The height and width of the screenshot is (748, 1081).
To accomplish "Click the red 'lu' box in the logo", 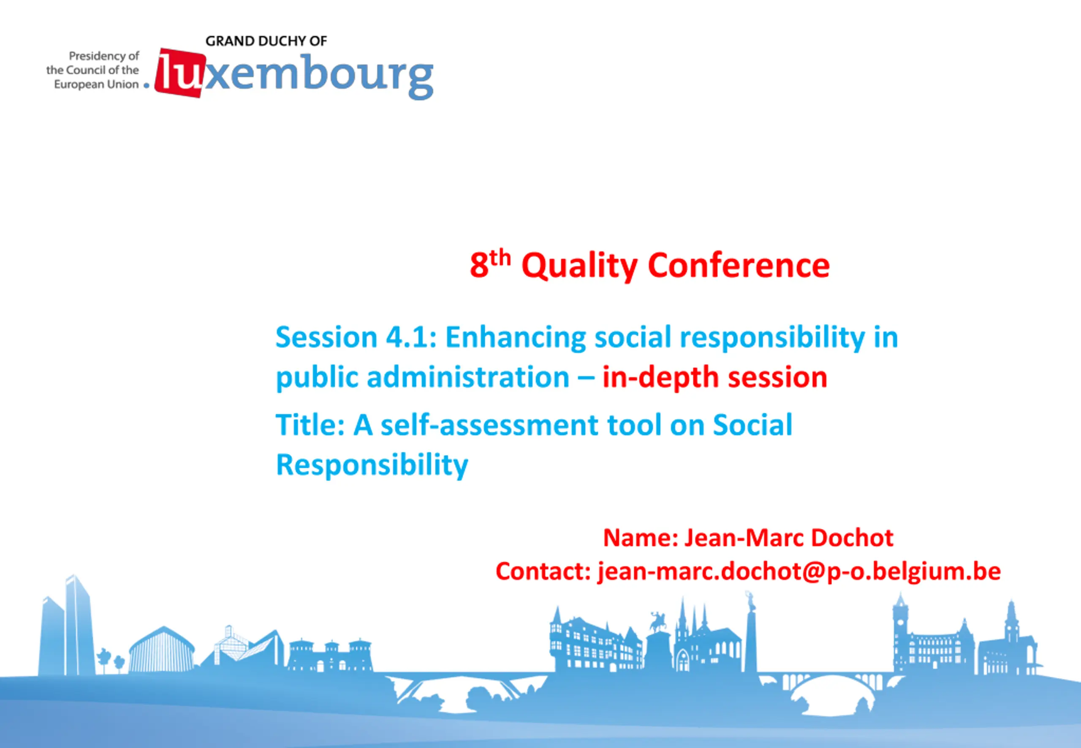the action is pyautogui.click(x=180, y=73).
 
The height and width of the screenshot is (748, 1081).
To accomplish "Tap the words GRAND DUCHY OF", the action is pyautogui.click(x=266, y=41).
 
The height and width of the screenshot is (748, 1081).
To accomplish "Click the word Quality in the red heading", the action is pyautogui.click(x=579, y=266).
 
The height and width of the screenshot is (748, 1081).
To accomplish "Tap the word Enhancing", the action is pyautogui.click(x=516, y=339).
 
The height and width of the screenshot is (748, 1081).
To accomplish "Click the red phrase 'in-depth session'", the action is pyautogui.click(x=715, y=378).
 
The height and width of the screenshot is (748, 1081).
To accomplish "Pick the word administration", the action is pyautogui.click(x=468, y=377).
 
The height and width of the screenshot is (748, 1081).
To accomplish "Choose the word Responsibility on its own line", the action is pyautogui.click(x=372, y=466).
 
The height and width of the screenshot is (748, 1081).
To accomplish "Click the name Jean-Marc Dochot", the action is pyautogui.click(x=789, y=537).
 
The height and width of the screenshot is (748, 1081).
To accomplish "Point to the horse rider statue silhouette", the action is pyautogui.click(x=658, y=621).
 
